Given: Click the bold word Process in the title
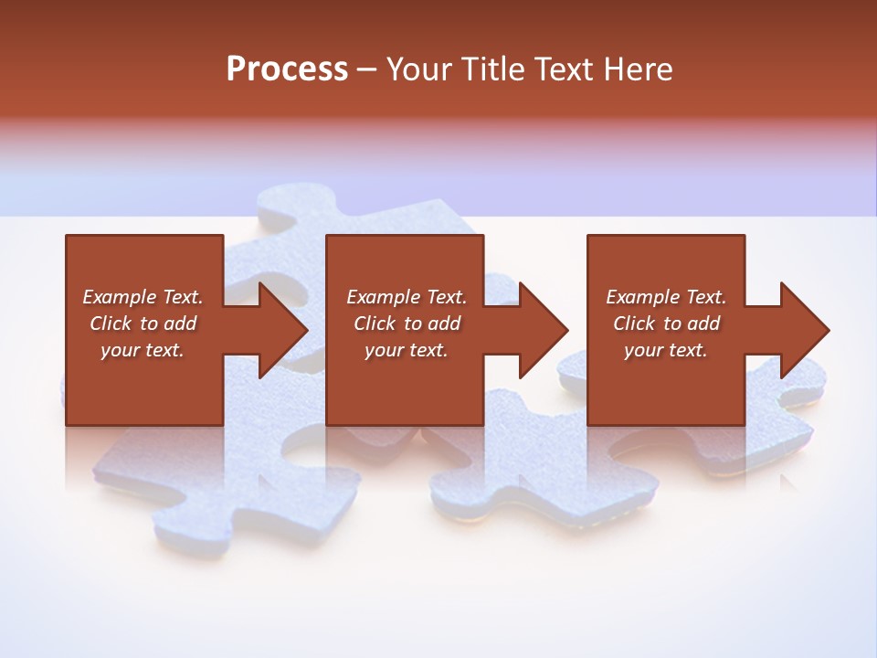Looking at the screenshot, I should [287, 69].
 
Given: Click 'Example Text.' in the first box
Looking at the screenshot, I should [143, 297].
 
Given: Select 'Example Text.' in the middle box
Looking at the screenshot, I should [407, 297].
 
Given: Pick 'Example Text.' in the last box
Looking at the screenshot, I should [666, 297].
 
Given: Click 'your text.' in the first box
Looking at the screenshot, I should [143, 350].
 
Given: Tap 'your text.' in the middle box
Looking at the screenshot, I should [407, 350].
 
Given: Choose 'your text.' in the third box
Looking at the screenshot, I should [666, 350].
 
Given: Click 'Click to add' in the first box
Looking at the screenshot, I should [143, 324].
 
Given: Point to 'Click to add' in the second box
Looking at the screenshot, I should [407, 324].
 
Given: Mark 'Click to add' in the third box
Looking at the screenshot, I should [666, 324].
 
